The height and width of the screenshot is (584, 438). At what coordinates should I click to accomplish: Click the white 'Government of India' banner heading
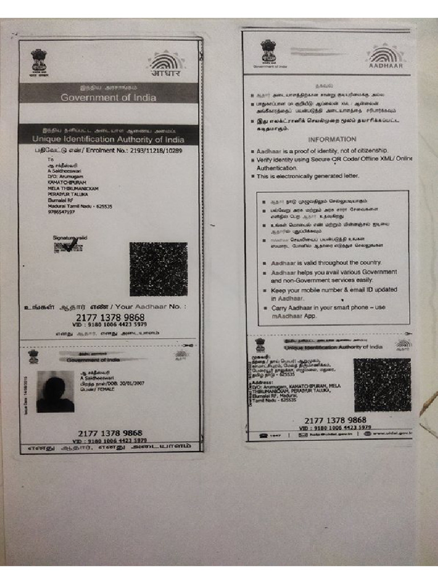108,98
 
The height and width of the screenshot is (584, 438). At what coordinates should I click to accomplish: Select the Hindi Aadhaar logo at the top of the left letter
166,63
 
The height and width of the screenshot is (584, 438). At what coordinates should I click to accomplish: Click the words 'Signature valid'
70,237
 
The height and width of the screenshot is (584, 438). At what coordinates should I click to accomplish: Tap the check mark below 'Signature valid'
70,247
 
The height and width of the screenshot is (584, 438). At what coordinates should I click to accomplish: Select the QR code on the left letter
158,269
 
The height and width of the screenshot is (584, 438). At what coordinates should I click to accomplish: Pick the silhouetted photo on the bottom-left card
55,391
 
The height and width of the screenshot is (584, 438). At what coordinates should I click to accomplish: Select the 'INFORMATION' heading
332,139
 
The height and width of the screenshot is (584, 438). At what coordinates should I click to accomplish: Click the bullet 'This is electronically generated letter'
308,176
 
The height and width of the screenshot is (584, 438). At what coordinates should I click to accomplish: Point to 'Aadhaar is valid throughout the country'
326,263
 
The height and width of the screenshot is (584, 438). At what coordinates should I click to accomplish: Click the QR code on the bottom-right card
382,385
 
